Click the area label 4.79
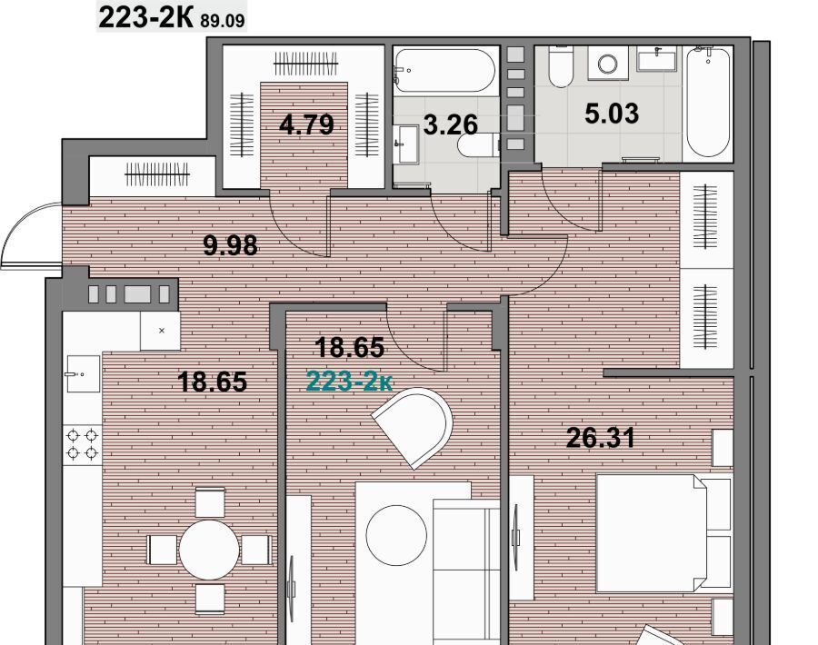[306, 125]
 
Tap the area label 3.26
[450, 125]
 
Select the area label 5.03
[612, 114]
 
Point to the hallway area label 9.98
[230, 245]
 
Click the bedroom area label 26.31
[601, 438]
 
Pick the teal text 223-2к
[350, 382]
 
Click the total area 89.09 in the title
[222, 21]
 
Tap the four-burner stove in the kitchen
[83, 443]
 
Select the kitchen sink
[83, 374]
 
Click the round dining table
[209, 549]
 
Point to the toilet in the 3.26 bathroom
[478, 145]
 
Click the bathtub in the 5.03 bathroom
[707, 102]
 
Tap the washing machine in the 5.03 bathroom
[608, 63]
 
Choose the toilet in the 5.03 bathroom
[561, 66]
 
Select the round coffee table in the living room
[396, 535]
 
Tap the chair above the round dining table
[210, 502]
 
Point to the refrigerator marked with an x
[161, 331]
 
